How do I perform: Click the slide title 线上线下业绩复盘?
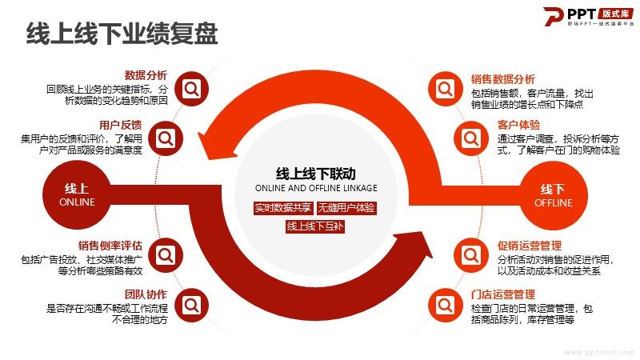click(x=122, y=35)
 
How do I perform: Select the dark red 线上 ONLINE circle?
click(x=77, y=194)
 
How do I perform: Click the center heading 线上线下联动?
click(x=315, y=172)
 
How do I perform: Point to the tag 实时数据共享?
click(x=282, y=208)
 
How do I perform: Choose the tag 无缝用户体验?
click(x=346, y=208)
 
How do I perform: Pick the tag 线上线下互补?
click(x=314, y=226)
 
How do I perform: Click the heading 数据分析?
click(x=146, y=75)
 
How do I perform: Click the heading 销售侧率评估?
click(x=110, y=246)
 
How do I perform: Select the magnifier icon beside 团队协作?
click(x=191, y=305)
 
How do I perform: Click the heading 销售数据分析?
click(x=503, y=79)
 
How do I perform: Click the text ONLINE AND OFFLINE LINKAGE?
click(x=315, y=188)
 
